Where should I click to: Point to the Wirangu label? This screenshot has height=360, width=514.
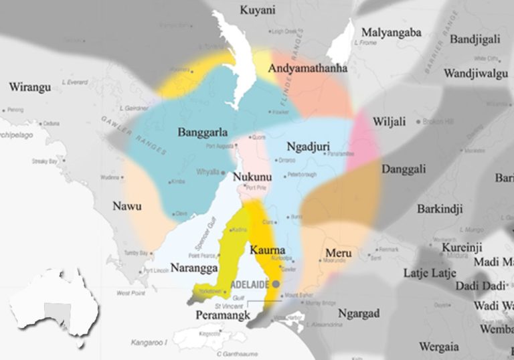[x=30, y=87]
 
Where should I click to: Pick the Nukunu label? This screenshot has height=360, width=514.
[x=252, y=177]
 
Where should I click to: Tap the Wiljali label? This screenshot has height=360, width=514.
[x=390, y=122]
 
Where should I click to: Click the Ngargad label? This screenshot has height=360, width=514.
[x=359, y=313]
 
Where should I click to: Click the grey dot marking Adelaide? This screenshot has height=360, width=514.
[x=276, y=284]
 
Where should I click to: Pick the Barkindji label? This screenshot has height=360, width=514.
[x=440, y=209]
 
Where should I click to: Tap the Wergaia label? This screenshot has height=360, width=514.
[x=440, y=346]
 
